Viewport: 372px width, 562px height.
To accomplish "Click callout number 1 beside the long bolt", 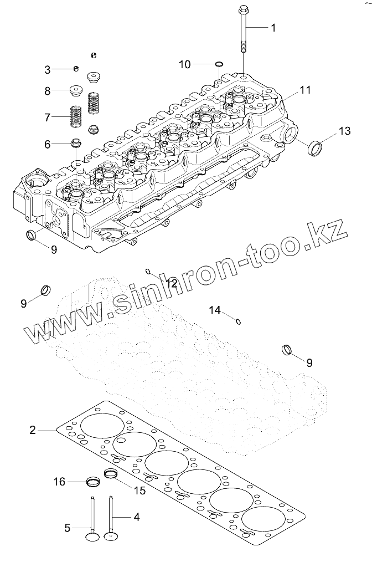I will (272, 28).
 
